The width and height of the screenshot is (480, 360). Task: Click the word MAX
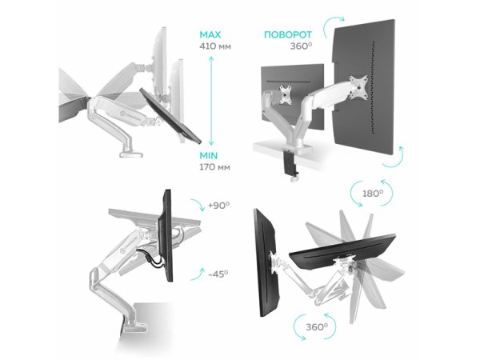coord(210,34)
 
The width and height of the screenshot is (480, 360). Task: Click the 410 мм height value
coord(215,46)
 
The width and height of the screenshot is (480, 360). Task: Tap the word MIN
coord(209,156)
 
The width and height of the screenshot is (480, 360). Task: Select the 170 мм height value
coord(214,167)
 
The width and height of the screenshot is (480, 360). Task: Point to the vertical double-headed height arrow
coord(210,101)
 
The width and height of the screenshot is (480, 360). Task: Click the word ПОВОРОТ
coord(288,34)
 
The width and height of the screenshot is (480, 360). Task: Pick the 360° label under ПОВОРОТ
coord(301,46)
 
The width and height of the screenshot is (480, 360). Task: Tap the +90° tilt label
coord(218,206)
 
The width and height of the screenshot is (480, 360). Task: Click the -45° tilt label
coord(218,274)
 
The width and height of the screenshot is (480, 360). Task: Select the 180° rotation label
coord(372,194)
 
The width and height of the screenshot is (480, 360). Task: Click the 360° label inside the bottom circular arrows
coord(317,327)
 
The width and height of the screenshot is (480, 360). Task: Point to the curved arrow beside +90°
coord(198,204)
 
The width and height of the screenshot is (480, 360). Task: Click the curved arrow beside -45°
coord(197,274)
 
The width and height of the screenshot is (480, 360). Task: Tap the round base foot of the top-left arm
coord(132,153)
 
